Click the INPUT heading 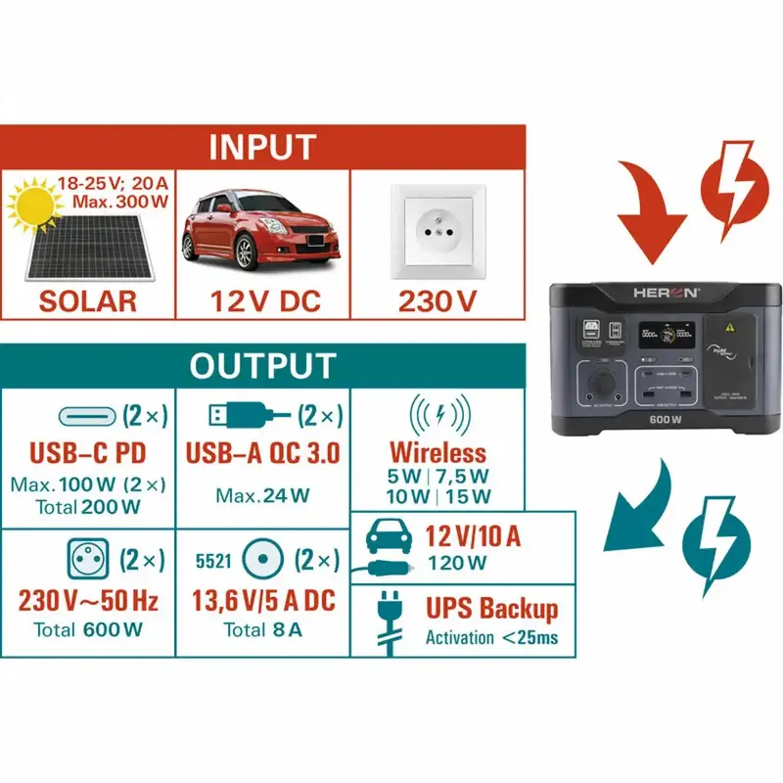261,147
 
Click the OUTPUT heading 261,366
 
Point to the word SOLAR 88,299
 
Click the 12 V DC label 263,299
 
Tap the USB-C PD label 88,453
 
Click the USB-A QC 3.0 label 262,453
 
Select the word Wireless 438,452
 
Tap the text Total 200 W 88,507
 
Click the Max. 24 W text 262,496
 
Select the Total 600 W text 88,629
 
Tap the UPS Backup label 491,608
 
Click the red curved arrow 650,206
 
